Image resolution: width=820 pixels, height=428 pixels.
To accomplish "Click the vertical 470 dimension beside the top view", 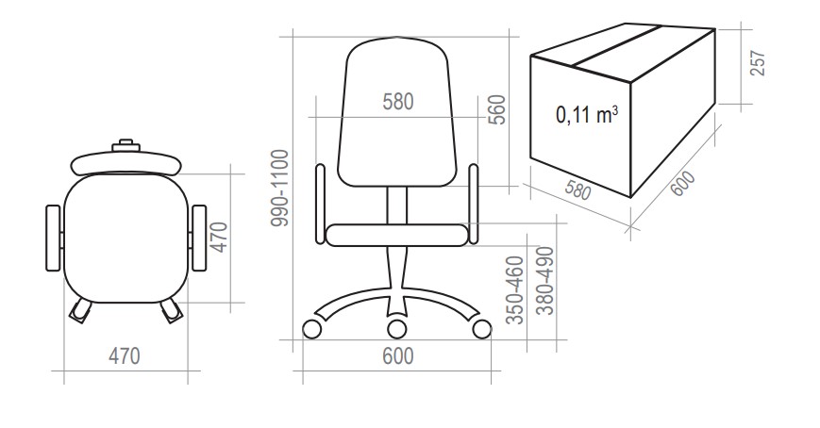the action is click(221, 238).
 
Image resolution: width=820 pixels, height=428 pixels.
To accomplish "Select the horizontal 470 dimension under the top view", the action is click(125, 356).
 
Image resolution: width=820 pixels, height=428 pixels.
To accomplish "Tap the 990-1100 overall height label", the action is click(280, 188).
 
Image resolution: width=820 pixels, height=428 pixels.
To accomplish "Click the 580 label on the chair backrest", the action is click(398, 102).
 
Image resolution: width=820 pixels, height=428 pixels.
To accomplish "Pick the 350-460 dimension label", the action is click(515, 290).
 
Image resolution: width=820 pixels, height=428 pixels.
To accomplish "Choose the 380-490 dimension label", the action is click(545, 281).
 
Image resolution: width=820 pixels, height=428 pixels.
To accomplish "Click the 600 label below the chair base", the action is click(398, 356).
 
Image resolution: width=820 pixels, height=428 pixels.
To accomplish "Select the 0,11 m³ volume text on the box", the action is click(587, 114).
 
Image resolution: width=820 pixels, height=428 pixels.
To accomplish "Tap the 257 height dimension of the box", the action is click(758, 63).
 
